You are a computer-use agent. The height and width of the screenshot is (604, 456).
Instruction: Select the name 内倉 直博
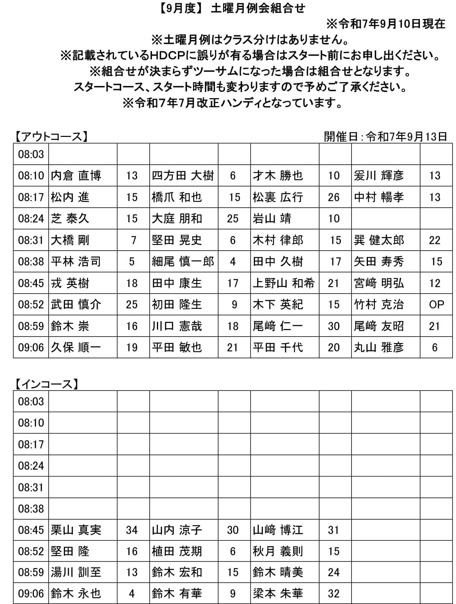click(76, 175)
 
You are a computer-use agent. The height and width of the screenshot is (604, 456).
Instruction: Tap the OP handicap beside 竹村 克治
click(436, 304)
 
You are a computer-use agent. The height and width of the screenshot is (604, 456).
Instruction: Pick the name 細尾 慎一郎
click(183, 261)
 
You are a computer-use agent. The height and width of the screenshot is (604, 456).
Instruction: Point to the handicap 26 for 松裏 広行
click(334, 197)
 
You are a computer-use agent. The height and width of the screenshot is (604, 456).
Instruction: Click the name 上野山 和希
click(284, 283)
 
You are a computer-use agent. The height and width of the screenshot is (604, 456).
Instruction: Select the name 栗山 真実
click(76, 530)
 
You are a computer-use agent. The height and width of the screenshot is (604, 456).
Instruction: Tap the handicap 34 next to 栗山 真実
click(132, 530)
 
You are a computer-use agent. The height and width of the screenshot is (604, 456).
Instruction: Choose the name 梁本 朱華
click(278, 593)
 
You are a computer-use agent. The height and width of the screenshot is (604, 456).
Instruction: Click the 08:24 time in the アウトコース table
click(31, 218)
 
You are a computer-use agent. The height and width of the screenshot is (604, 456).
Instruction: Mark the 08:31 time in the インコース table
click(31, 487)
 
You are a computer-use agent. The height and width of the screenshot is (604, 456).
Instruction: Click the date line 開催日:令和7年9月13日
click(385, 137)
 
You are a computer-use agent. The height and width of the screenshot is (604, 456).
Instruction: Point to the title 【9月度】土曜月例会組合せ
click(231, 8)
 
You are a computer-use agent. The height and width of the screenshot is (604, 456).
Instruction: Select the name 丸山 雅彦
click(378, 347)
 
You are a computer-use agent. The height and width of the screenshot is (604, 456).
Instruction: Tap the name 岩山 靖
click(272, 218)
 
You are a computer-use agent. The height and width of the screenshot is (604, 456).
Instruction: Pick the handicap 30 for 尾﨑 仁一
click(334, 326)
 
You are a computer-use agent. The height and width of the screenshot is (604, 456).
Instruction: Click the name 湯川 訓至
click(76, 572)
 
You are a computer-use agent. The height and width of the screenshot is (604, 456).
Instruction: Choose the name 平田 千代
click(278, 347)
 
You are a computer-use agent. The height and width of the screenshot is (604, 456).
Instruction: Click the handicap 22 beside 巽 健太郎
click(435, 240)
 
